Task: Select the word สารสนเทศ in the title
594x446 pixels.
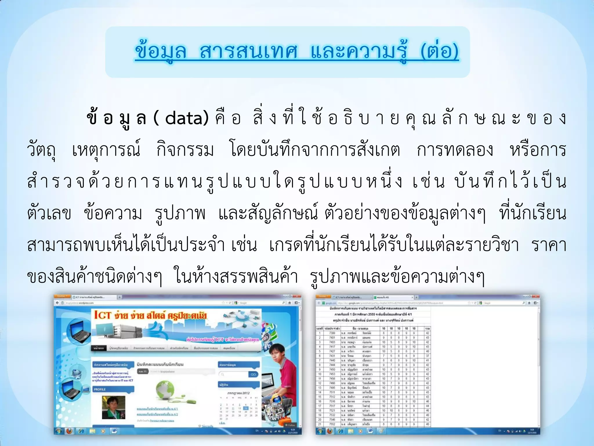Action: point(249,51)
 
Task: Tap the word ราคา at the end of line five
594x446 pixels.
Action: point(549,245)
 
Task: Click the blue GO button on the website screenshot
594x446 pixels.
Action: point(253,375)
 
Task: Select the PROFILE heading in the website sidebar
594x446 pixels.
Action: point(100,389)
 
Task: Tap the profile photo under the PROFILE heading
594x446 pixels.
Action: point(113,407)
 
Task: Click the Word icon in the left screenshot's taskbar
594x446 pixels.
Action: point(114,431)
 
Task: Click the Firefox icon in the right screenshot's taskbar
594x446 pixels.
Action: point(329,431)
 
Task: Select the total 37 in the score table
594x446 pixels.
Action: point(427,356)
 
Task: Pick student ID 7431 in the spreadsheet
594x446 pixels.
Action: point(332,356)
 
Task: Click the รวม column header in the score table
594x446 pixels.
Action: point(427,328)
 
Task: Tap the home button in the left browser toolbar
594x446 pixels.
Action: point(289,303)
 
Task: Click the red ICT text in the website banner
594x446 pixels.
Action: point(102,315)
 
